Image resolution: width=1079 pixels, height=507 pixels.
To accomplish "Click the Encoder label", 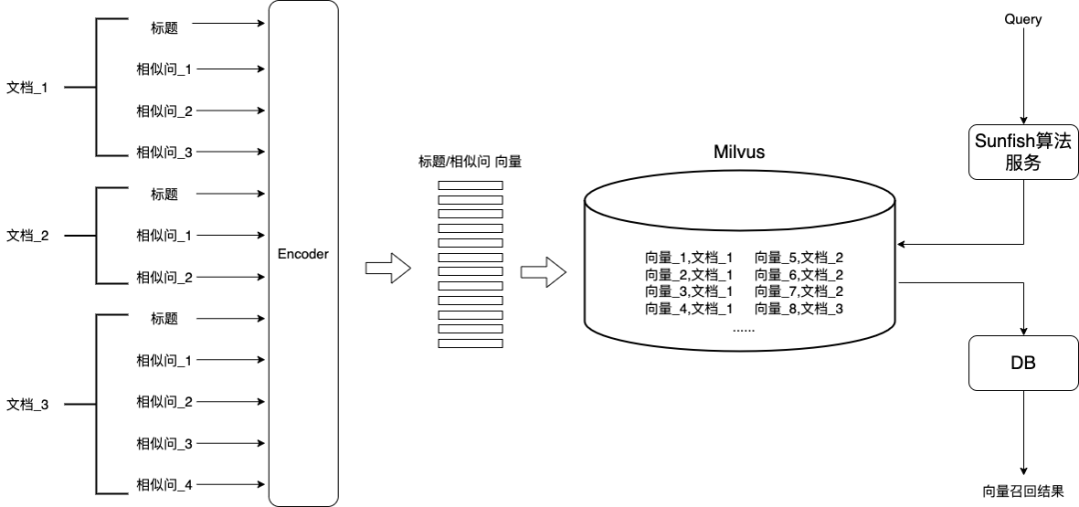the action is pyautogui.click(x=303, y=254).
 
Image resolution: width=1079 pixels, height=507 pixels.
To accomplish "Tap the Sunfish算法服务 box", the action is pyautogui.click(x=1023, y=152).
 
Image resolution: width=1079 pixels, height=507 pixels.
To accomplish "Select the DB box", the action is pyautogui.click(x=1023, y=362).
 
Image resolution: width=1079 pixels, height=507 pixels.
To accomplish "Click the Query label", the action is pyautogui.click(x=1023, y=19).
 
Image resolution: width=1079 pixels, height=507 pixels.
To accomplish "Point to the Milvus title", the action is pyautogui.click(x=739, y=152).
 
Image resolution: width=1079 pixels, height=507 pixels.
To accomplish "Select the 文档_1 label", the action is pyautogui.click(x=28, y=88).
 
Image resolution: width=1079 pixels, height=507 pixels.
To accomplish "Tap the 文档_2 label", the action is pyautogui.click(x=28, y=236).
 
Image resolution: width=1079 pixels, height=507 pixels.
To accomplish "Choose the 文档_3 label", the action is pyautogui.click(x=28, y=405).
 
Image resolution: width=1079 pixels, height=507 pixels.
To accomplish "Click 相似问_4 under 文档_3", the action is pyautogui.click(x=164, y=485).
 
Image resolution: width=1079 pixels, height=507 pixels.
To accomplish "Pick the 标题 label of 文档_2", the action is pyautogui.click(x=165, y=194).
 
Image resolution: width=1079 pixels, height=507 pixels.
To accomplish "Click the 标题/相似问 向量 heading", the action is pyautogui.click(x=470, y=163).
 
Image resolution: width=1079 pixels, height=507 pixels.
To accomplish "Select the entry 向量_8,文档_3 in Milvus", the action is pyautogui.click(x=799, y=309).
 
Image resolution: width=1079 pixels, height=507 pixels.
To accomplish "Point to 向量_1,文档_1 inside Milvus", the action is pyautogui.click(x=688, y=258).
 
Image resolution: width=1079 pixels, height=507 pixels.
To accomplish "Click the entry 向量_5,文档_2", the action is pyautogui.click(x=799, y=258).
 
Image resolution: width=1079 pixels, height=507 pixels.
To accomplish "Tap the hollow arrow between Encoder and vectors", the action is pyautogui.click(x=388, y=268).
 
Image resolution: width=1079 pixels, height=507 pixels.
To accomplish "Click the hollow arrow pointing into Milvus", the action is pyautogui.click(x=543, y=272).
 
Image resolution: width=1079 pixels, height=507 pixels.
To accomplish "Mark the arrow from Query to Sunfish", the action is pyautogui.click(x=1023, y=76).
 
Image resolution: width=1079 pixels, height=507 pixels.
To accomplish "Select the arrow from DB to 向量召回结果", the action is pyautogui.click(x=1023, y=433).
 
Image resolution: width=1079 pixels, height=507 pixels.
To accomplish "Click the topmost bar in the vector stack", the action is pyautogui.click(x=471, y=185).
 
